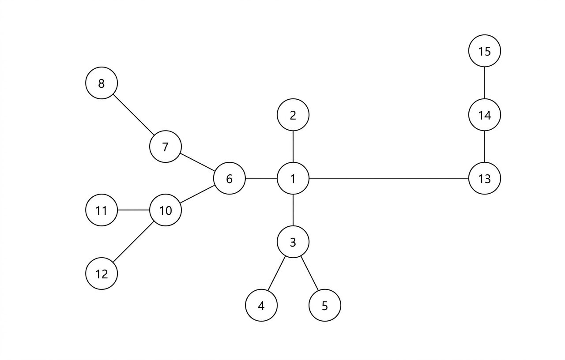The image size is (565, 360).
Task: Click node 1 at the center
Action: pyautogui.click(x=293, y=178)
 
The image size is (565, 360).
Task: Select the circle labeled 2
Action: pyautogui.click(x=293, y=115)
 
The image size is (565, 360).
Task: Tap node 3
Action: pyautogui.click(x=293, y=242)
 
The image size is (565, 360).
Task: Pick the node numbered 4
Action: pyautogui.click(x=261, y=305)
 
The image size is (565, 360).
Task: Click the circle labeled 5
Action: pyautogui.click(x=324, y=305)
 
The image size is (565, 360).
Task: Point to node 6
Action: pyautogui.click(x=229, y=178)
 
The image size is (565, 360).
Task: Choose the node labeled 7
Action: pyautogui.click(x=165, y=146)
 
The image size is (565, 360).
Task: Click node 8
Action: pyautogui.click(x=102, y=83)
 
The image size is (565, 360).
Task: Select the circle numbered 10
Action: pyautogui.click(x=165, y=210)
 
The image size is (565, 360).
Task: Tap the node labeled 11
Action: pyautogui.click(x=102, y=210)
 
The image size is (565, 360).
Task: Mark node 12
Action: pyautogui.click(x=102, y=274)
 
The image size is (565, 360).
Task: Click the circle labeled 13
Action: pyautogui.click(x=484, y=178)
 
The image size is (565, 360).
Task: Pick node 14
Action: pyautogui.click(x=484, y=115)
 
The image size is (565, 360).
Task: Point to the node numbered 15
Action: pyautogui.click(x=484, y=51)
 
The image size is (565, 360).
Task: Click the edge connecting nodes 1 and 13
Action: pyautogui.click(x=388, y=178)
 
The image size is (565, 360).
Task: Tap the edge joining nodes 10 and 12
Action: pyautogui.click(x=133, y=242)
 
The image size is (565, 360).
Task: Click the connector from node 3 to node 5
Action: pyautogui.click(x=309, y=274)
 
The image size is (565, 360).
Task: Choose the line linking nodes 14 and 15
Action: pyautogui.click(x=484, y=83)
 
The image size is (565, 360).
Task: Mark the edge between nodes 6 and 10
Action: pyautogui.click(x=197, y=194)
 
